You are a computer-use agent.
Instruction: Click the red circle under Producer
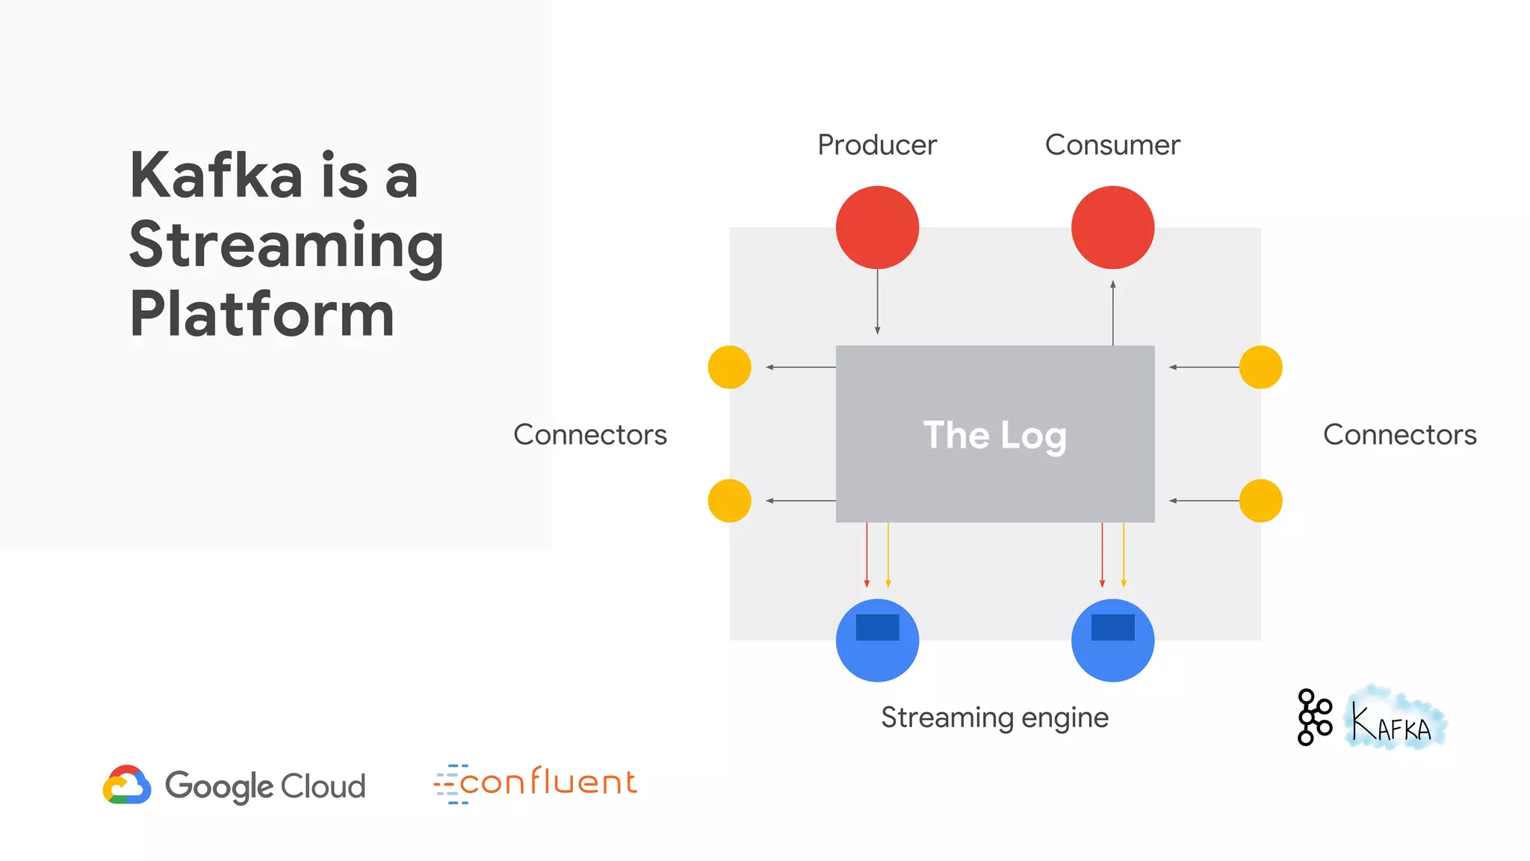point(877,227)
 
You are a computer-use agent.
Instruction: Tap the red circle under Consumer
point(1112,227)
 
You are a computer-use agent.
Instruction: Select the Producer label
point(877,145)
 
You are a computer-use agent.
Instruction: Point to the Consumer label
point(1112,145)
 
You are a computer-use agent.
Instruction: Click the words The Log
point(994,435)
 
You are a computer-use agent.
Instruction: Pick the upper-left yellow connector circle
point(729,367)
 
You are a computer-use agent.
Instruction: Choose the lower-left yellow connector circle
point(729,501)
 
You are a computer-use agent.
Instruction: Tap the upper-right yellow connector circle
point(1260,367)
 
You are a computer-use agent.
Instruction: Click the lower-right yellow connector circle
point(1260,501)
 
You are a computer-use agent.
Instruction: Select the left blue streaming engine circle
point(877,641)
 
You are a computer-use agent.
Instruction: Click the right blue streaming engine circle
point(1112,641)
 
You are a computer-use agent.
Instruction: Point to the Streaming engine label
point(994,717)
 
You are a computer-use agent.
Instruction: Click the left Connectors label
point(590,435)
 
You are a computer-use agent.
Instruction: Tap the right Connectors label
point(1399,435)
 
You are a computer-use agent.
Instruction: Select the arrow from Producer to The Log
point(877,302)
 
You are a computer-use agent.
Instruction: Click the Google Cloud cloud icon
point(127,785)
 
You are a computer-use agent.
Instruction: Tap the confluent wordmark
point(548,783)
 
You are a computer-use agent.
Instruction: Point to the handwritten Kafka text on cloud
point(1394,722)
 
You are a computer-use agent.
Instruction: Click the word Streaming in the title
point(286,247)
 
